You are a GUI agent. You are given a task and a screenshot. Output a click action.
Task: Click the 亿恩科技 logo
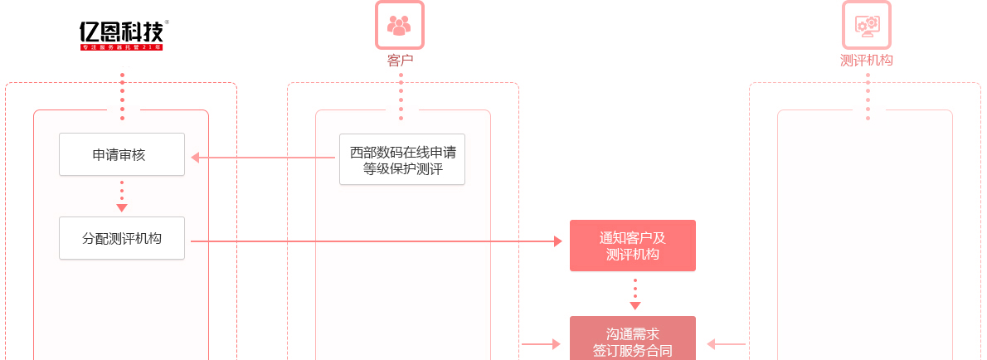click(x=121, y=32)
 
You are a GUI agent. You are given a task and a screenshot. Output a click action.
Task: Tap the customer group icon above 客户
click(x=400, y=25)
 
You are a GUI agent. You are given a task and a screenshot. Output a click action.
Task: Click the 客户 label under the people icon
click(x=400, y=60)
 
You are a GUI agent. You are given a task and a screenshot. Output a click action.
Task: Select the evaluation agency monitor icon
click(x=867, y=25)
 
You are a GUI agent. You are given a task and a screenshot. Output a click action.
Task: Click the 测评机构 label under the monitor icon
click(x=867, y=60)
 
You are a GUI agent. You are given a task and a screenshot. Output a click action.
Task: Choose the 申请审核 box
click(x=122, y=154)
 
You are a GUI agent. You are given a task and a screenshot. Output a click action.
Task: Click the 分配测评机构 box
click(x=122, y=238)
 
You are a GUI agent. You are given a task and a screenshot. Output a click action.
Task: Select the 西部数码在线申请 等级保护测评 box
click(x=402, y=159)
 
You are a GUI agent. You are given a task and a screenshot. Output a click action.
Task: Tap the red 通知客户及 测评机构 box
click(x=633, y=246)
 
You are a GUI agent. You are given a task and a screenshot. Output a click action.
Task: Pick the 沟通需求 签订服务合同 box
click(x=633, y=341)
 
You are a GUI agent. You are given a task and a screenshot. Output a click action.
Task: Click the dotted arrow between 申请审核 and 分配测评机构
click(x=122, y=197)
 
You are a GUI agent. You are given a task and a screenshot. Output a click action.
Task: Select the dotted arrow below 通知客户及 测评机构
click(x=635, y=294)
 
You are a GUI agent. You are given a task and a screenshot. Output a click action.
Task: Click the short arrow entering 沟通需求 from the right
click(x=727, y=343)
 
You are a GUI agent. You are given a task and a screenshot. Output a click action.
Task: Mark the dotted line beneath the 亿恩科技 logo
click(x=122, y=95)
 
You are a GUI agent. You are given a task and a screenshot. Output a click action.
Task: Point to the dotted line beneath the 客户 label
click(x=401, y=95)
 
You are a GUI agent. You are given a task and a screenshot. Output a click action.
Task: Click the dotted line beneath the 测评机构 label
click(x=868, y=95)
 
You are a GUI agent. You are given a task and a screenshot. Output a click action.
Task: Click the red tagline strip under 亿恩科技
click(x=121, y=48)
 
